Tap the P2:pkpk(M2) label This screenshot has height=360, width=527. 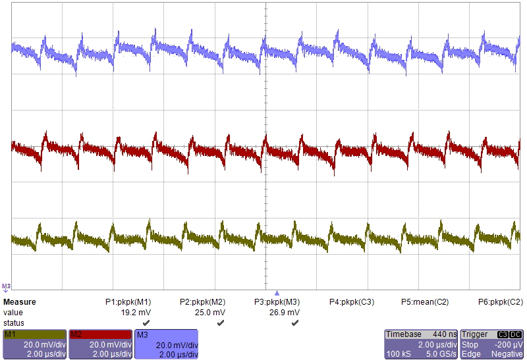click(x=203, y=302)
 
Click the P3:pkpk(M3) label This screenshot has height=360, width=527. click(x=277, y=302)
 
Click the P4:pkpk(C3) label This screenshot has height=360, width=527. click(x=352, y=302)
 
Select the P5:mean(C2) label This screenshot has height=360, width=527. click(x=425, y=302)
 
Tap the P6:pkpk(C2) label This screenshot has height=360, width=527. click(x=501, y=302)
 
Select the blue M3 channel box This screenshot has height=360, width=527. click(x=166, y=344)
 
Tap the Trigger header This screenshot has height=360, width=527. click(x=475, y=334)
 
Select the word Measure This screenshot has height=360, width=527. click(x=20, y=302)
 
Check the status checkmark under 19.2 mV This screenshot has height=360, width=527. click(x=146, y=323)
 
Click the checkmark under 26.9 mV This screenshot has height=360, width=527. click(x=294, y=323)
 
